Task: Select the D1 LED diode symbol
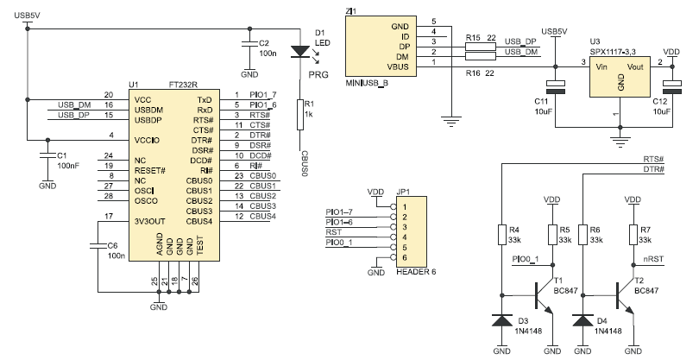pyautogui.click(x=300, y=51)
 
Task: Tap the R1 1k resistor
pyautogui.click(x=300, y=111)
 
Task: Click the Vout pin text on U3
pyautogui.click(x=635, y=66)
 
